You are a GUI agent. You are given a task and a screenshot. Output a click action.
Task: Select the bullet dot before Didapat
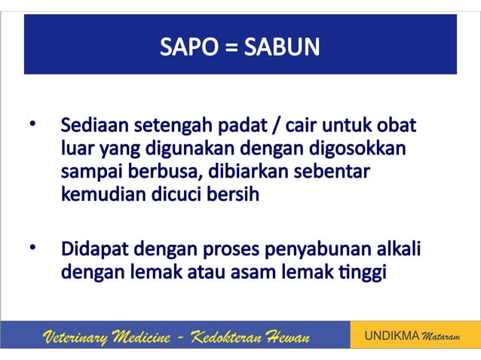click(x=32, y=247)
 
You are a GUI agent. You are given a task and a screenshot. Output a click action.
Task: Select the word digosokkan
click(x=363, y=147)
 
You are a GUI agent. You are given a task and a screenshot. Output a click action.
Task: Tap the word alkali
click(x=398, y=248)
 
